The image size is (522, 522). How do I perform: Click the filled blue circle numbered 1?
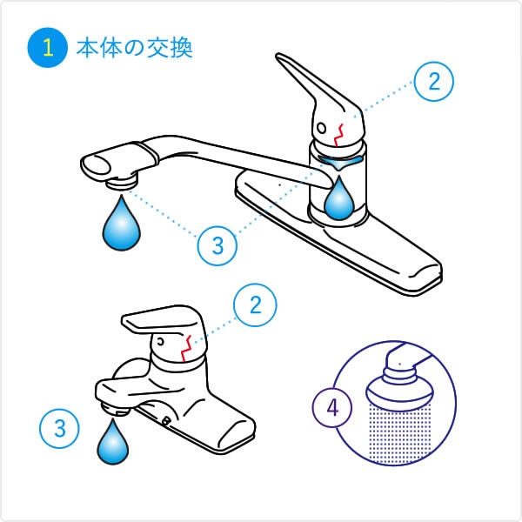click(48, 48)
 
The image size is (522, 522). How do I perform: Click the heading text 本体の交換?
click(135, 49)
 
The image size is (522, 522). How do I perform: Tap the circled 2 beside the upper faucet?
click(434, 82)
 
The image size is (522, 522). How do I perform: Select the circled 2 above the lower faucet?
click(255, 304)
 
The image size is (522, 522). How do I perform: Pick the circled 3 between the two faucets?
click(217, 245)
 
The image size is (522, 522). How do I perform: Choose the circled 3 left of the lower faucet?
click(59, 428)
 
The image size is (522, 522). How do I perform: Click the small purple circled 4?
click(332, 407)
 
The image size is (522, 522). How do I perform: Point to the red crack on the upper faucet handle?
click(339, 135)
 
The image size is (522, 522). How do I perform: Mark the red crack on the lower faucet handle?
click(186, 349)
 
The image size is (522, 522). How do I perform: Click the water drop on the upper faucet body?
click(339, 198)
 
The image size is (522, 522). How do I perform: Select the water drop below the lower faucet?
click(113, 443)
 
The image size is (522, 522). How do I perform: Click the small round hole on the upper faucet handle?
click(322, 128)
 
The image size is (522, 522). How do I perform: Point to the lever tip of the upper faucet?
click(280, 57)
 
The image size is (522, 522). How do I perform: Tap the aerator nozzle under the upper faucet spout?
click(123, 183)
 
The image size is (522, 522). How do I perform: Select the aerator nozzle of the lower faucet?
click(115, 410)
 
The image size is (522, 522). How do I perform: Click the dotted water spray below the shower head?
click(400, 433)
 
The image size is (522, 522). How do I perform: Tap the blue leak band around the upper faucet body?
click(339, 162)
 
